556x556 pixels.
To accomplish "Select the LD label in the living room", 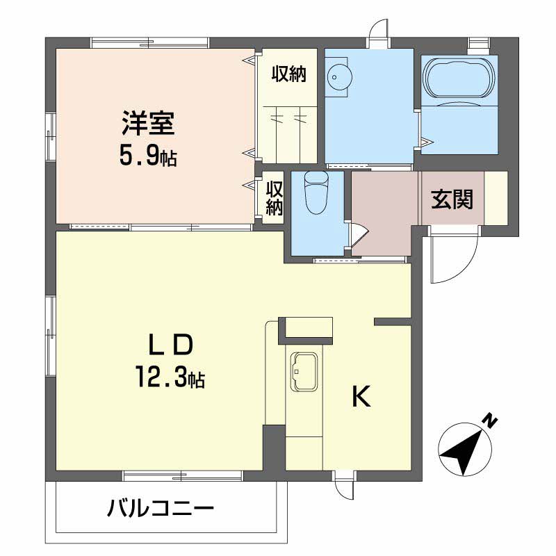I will click(169, 346).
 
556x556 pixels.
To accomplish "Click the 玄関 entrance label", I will click(452, 199).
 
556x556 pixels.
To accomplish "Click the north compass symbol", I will click(461, 449).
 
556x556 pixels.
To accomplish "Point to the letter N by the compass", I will click(491, 420).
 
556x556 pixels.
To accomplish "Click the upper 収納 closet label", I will click(288, 73).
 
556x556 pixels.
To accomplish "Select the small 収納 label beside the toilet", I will click(275, 198).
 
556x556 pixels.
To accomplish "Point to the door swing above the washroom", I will click(379, 30).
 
